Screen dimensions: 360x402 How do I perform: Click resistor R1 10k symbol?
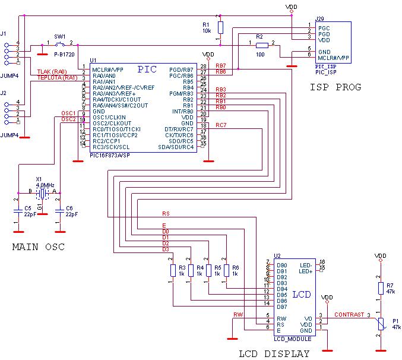point(220,27)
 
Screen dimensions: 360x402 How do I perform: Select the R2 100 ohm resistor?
point(261,45)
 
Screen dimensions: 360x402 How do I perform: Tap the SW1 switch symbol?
point(60,43)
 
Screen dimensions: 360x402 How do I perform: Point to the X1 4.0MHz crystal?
point(41,194)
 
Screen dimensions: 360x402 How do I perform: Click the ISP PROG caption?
point(335,87)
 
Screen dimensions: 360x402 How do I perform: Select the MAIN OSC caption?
point(38,247)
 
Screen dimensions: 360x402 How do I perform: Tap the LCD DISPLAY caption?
point(274,354)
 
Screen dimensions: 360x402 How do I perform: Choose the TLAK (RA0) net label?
point(52,72)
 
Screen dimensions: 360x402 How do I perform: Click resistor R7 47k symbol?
point(381,288)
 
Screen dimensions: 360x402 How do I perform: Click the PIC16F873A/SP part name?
point(110,155)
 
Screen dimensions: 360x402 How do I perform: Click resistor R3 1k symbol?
point(172,271)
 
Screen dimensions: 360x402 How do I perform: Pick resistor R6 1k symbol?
point(226,271)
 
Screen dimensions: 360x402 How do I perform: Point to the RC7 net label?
point(220,125)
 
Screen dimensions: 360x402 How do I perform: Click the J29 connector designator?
point(319,19)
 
